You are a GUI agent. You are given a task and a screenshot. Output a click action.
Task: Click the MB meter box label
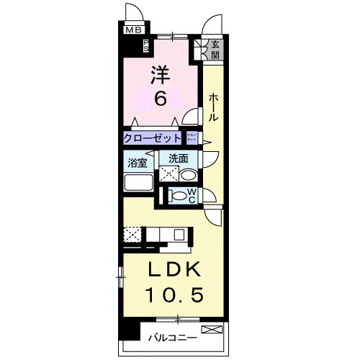(133, 30)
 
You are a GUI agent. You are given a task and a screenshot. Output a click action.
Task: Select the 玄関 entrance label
(215, 51)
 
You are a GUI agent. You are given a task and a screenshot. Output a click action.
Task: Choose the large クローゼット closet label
(153, 138)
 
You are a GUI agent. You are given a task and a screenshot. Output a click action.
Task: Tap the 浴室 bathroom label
(138, 162)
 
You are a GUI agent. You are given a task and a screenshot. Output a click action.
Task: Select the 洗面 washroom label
(179, 158)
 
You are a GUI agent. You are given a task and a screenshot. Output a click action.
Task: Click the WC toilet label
(192, 194)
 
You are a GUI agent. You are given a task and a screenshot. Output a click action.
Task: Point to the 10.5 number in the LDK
(172, 294)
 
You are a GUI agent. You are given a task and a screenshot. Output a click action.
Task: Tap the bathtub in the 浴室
(138, 181)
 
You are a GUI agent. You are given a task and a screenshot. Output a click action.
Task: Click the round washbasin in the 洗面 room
(188, 175)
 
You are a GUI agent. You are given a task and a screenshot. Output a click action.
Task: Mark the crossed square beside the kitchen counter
(132, 235)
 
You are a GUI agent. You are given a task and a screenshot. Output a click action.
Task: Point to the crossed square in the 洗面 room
(168, 174)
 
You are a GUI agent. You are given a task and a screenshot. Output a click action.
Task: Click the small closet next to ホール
(192, 137)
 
